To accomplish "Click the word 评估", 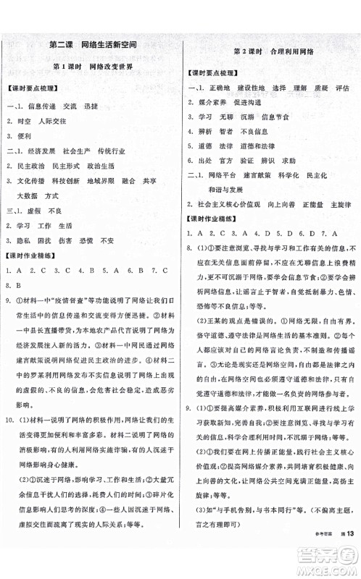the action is click(337, 88).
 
